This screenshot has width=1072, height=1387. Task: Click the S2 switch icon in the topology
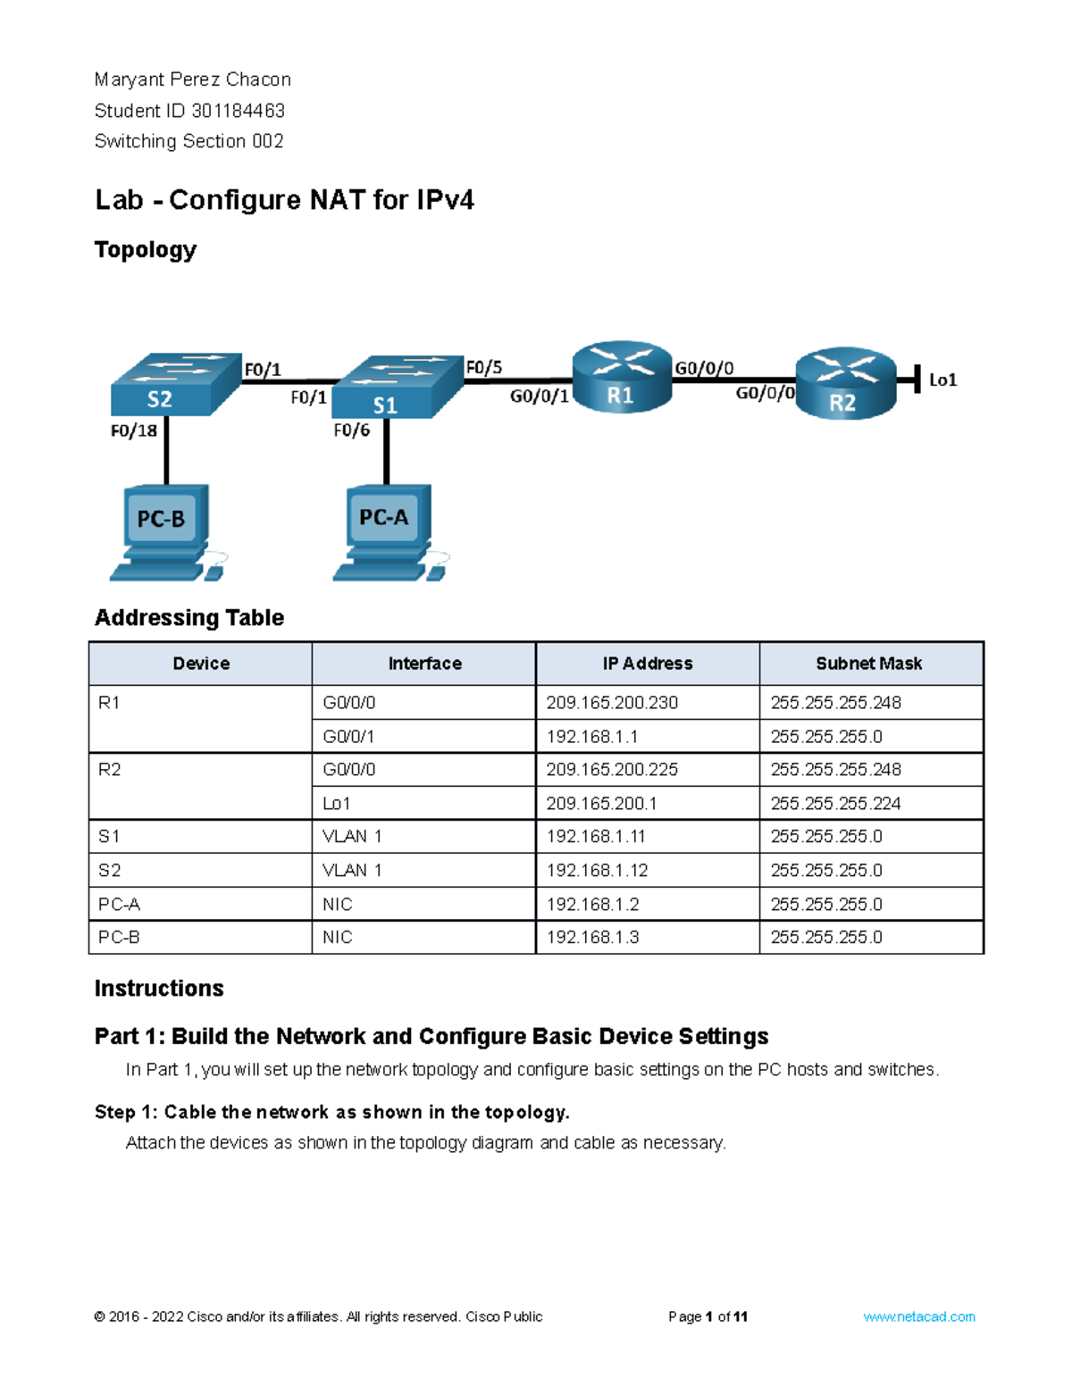coord(175,385)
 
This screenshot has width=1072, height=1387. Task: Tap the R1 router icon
coord(622,377)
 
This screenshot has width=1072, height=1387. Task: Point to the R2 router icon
coord(845,384)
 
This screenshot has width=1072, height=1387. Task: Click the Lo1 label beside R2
coord(942,380)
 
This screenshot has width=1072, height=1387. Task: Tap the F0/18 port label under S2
coord(133,430)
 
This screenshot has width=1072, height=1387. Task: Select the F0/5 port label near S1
coord(484,367)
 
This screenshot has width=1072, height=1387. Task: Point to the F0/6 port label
coord(351,430)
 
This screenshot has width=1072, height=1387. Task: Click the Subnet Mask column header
coord(869,664)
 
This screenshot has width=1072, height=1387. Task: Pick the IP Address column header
coord(647,664)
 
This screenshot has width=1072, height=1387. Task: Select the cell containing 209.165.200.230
coord(612,703)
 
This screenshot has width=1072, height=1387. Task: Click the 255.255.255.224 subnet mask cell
coord(835,804)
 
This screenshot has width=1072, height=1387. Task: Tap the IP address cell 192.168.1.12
coord(597,871)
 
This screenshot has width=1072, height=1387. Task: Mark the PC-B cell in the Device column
coord(119,938)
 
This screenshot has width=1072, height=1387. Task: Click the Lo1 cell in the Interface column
coord(337,804)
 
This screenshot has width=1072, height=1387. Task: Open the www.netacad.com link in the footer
coord(918,1316)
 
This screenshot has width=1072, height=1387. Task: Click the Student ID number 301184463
coord(238,111)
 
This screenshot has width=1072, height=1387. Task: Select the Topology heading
coord(145,250)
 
